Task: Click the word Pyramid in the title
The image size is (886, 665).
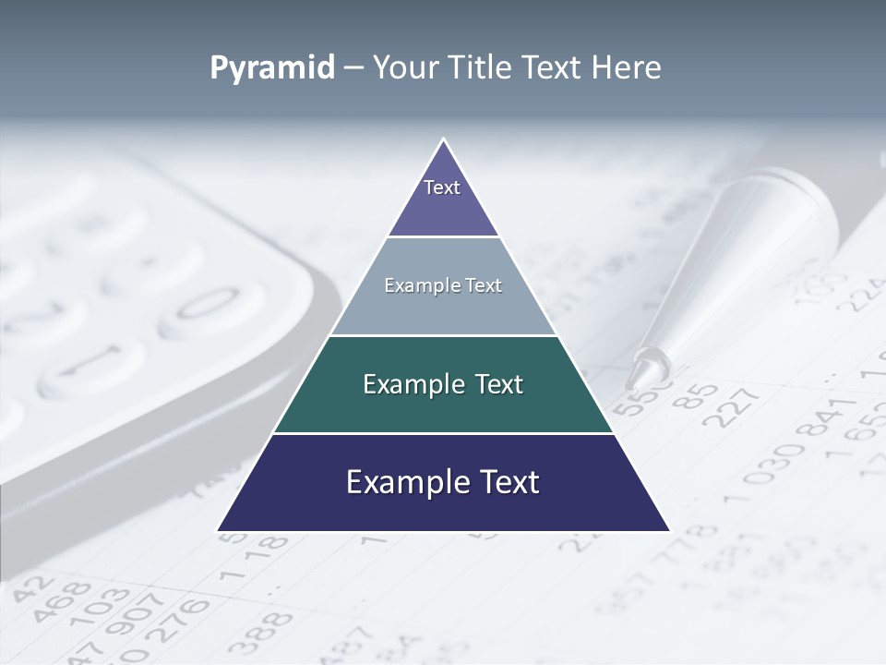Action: (x=271, y=67)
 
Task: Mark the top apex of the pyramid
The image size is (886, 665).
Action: (x=443, y=140)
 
